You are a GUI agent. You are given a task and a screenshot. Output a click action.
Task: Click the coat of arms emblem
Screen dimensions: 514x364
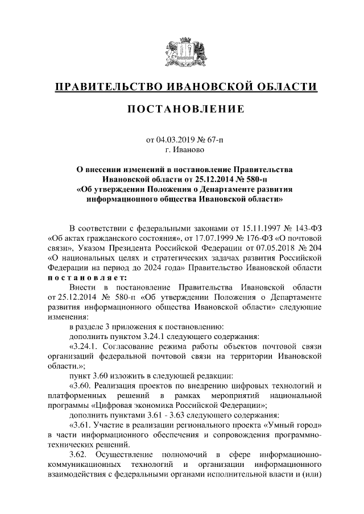(182, 53)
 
